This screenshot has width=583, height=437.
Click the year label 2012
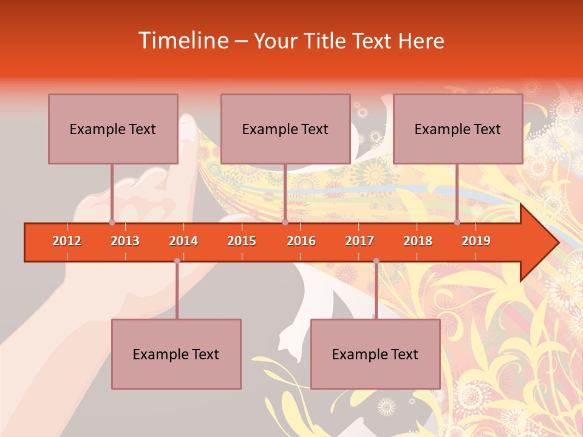pos(67,241)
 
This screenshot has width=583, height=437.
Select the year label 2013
pos(125,241)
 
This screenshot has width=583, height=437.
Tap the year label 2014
pos(183,241)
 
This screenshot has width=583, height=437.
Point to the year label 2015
pos(242,241)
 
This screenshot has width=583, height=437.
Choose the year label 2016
pos(301,241)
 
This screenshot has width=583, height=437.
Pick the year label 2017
pos(360,241)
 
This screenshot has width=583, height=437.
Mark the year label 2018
pos(418,241)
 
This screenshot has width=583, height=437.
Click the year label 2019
pos(476,241)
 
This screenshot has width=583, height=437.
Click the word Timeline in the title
pos(182,41)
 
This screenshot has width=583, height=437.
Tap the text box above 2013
pos(113,129)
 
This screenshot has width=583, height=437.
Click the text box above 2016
pos(285,129)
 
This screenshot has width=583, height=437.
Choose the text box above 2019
pos(458,129)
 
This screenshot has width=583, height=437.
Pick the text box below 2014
pos(176,354)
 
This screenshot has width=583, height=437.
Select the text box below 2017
pos(375,354)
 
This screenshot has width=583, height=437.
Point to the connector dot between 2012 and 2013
pos(112,223)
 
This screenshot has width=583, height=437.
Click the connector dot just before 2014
pos(177,261)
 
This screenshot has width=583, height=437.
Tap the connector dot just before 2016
pos(285,223)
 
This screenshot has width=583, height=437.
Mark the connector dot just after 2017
pos(376,261)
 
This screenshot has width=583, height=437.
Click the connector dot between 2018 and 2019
pos(457,223)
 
